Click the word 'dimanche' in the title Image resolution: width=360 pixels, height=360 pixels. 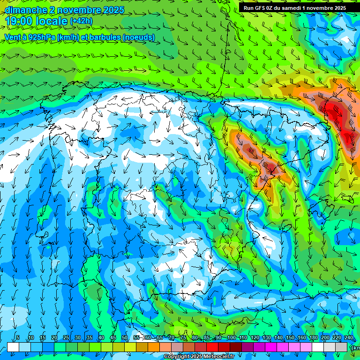[25, 10]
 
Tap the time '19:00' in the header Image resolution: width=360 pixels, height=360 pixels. [18, 21]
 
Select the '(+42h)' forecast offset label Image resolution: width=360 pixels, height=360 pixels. [81, 21]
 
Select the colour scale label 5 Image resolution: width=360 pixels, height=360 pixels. [18, 337]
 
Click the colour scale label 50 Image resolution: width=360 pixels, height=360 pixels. [125, 337]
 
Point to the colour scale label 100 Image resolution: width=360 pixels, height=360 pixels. [231, 337]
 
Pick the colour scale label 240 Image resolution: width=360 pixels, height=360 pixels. [349, 337]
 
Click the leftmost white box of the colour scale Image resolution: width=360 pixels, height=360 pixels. [13, 347]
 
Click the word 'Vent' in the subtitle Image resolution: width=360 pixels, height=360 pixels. [12, 37]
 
